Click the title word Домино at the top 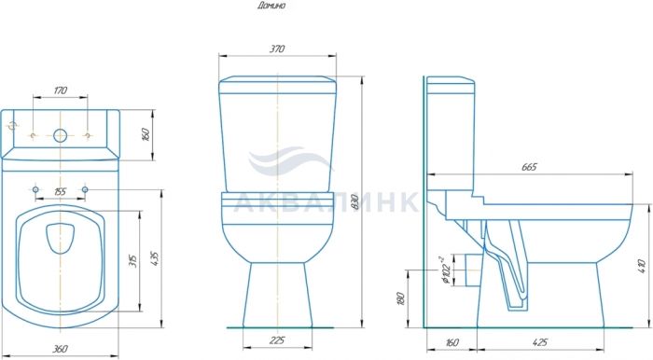[271, 6]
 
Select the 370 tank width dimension [277, 48]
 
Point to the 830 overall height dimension [354, 202]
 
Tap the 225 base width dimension [277, 340]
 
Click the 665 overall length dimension [529, 167]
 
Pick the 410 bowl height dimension [642, 266]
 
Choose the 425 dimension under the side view [540, 342]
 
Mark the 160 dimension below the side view [452, 342]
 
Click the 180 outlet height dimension [400, 298]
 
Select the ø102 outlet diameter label [445, 270]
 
